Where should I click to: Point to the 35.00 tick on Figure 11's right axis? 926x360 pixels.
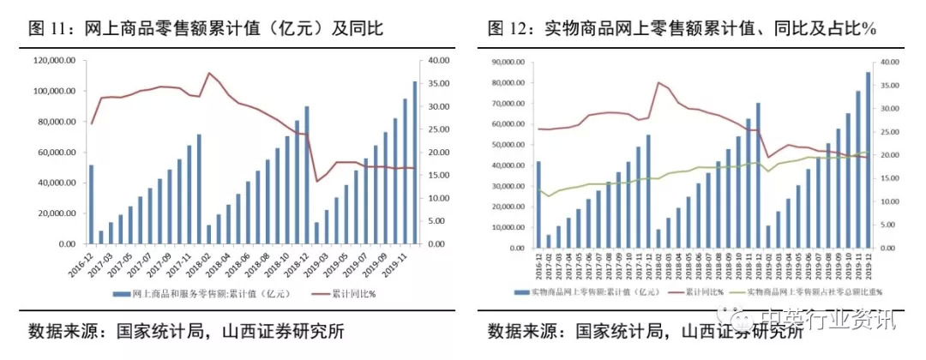[x=436, y=84]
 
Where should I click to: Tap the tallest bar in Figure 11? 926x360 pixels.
[x=415, y=163]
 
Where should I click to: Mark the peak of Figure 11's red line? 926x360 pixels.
[x=208, y=73]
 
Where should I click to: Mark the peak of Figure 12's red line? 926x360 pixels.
[x=658, y=82]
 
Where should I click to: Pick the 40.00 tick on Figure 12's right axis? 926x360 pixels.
[x=889, y=63]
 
